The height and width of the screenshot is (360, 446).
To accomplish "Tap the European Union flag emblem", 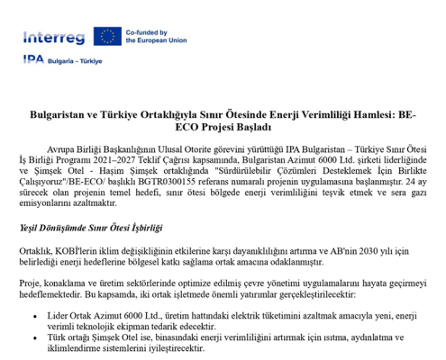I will coord(109,36).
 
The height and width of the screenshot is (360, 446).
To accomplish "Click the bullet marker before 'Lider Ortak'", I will coord(35,317).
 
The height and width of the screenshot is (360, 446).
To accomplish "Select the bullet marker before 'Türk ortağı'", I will coord(35,337).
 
